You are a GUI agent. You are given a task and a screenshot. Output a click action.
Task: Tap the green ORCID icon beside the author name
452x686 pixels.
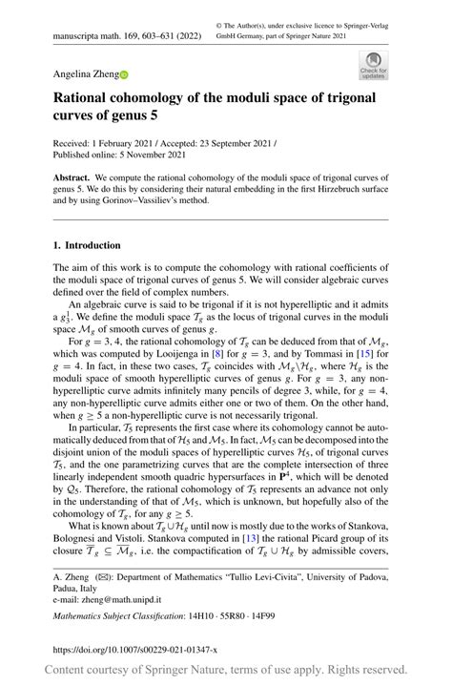tap(122, 73)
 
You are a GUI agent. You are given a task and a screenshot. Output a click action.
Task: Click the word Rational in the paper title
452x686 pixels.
tap(88, 97)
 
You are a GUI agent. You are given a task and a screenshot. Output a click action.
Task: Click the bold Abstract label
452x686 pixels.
tap(72, 178)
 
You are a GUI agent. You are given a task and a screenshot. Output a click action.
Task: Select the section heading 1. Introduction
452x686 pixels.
tap(87, 245)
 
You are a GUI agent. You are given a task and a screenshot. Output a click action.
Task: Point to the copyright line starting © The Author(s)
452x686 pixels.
tap(317, 27)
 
